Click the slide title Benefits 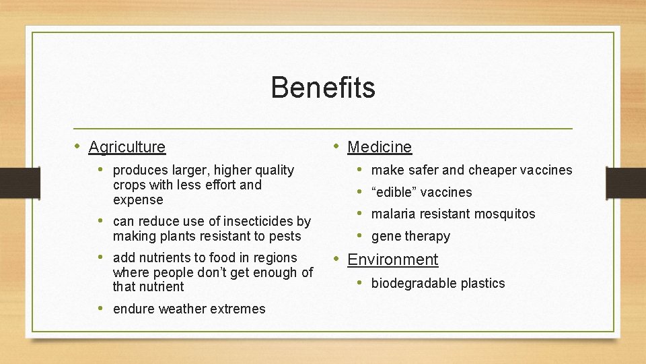[323, 88]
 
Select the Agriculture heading [127, 147]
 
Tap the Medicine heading [380, 147]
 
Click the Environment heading [392, 260]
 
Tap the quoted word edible [396, 192]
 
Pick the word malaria [392, 214]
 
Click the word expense [138, 200]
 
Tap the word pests [286, 236]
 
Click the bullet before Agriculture [77, 146]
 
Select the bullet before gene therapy [360, 236]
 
